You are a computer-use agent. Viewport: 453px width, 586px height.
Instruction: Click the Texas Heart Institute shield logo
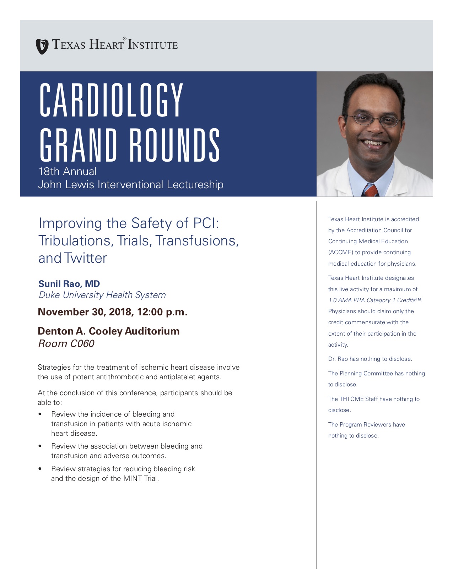click(42, 46)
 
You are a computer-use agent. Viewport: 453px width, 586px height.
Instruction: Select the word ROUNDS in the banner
click(174, 145)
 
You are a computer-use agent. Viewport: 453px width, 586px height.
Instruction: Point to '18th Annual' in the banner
click(68, 172)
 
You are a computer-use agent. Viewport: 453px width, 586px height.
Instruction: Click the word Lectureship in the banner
click(195, 185)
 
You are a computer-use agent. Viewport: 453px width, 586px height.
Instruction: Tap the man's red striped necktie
click(370, 190)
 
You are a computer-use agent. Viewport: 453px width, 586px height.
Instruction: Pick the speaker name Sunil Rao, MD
click(69, 284)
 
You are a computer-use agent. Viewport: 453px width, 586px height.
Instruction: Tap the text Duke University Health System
click(102, 295)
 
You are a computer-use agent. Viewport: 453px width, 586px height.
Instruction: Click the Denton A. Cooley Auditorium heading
click(109, 331)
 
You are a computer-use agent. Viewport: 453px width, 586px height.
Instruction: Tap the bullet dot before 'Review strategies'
click(40, 469)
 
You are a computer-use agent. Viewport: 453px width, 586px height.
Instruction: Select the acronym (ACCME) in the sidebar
click(341, 253)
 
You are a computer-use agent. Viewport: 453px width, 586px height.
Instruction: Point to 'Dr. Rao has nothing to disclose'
click(370, 359)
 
